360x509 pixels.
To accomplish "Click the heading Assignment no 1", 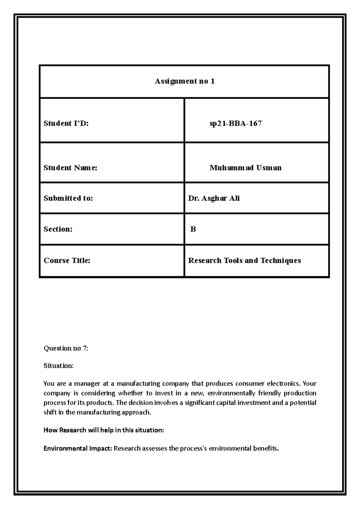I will (184, 81).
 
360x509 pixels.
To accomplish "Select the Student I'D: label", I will (66, 124).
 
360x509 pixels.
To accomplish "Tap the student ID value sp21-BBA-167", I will (235, 124).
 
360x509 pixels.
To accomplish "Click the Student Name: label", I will (70, 168).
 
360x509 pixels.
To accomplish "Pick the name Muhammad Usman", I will (245, 168).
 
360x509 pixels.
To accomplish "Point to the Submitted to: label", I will (68, 198).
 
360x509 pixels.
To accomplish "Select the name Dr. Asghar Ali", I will (214, 198).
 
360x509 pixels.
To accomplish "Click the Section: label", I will (58, 229).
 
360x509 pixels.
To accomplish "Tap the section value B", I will (193, 229).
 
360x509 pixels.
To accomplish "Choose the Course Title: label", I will (67, 260).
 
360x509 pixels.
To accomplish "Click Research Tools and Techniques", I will (244, 260).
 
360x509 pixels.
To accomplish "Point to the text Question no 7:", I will (66, 348).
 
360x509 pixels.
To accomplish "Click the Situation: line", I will (58, 366).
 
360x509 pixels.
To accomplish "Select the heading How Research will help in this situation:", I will (103, 430).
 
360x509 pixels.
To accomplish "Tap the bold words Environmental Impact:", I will (78, 449).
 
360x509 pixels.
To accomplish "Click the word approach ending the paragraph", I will (136, 412).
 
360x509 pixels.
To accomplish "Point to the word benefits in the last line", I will (267, 449).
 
